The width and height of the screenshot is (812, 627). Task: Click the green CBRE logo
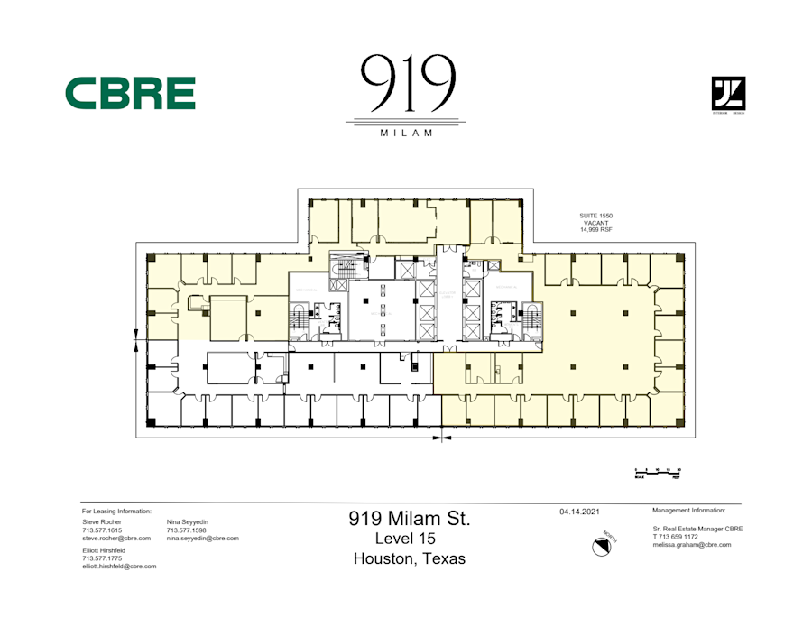(x=130, y=93)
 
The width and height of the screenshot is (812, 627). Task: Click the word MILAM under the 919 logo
(x=405, y=133)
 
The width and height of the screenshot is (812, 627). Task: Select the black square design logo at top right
(x=728, y=94)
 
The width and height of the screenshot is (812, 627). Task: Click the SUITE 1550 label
(x=595, y=216)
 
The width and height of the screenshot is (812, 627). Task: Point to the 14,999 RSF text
(x=595, y=230)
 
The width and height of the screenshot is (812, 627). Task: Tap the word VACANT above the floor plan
(x=595, y=223)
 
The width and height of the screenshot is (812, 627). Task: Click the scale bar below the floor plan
(x=658, y=471)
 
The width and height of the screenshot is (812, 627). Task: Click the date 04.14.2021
(x=580, y=512)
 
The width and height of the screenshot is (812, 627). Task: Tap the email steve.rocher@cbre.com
(x=116, y=539)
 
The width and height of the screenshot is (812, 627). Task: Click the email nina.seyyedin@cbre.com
(x=203, y=539)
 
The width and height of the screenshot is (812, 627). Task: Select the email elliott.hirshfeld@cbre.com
(x=119, y=567)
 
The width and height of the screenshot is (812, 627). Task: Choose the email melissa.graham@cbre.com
(x=691, y=545)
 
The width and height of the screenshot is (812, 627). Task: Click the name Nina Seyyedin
(x=188, y=521)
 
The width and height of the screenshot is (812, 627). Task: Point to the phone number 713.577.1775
(x=102, y=558)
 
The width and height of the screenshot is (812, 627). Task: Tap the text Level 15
(x=410, y=539)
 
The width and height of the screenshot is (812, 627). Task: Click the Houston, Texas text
(x=410, y=558)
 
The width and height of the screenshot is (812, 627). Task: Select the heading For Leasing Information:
(x=116, y=511)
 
